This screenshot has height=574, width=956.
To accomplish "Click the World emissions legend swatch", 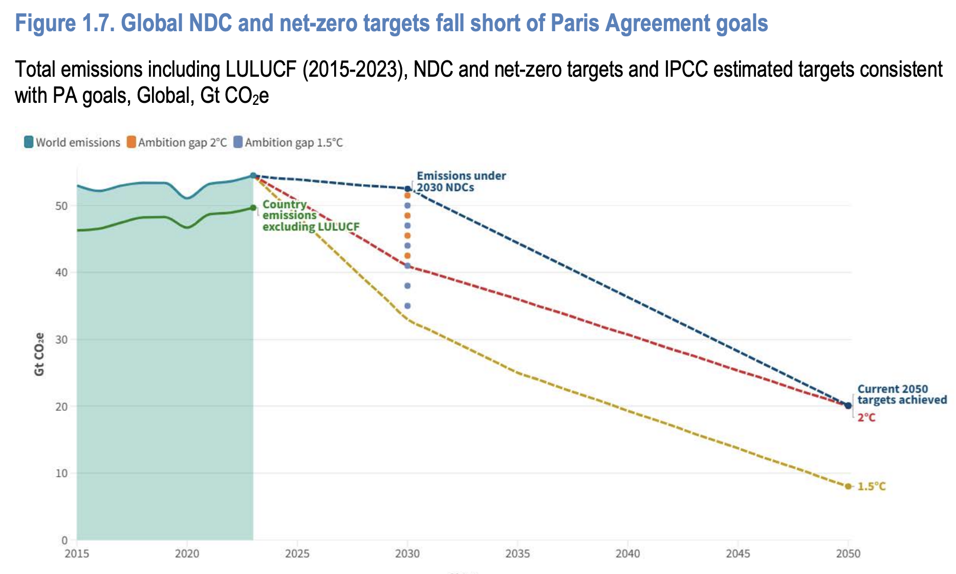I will (29, 142).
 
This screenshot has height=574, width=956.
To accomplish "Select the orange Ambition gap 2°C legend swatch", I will (132, 142).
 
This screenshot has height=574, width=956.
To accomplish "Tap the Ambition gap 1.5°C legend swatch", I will (238, 142).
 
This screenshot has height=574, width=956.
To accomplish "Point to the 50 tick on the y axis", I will (61, 206).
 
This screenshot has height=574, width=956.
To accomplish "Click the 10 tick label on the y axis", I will (61, 473).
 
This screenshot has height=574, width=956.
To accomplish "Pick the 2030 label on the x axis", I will (407, 554).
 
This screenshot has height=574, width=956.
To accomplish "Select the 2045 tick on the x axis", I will (738, 554).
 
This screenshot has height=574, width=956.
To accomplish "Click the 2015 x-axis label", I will (77, 554).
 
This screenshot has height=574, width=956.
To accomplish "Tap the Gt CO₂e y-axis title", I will (39, 354).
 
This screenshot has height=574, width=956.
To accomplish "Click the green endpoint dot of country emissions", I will (253, 208).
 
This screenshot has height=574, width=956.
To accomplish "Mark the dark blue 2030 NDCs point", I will (407, 189).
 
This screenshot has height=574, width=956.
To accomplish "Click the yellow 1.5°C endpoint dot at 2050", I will (848, 487).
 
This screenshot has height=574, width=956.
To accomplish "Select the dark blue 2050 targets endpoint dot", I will (848, 406).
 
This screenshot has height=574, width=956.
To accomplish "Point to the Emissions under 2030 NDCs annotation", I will (461, 182).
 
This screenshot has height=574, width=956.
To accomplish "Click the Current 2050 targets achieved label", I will (902, 394).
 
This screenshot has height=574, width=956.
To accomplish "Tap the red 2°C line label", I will (866, 418).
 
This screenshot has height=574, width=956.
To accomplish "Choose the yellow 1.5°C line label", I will (871, 487).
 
